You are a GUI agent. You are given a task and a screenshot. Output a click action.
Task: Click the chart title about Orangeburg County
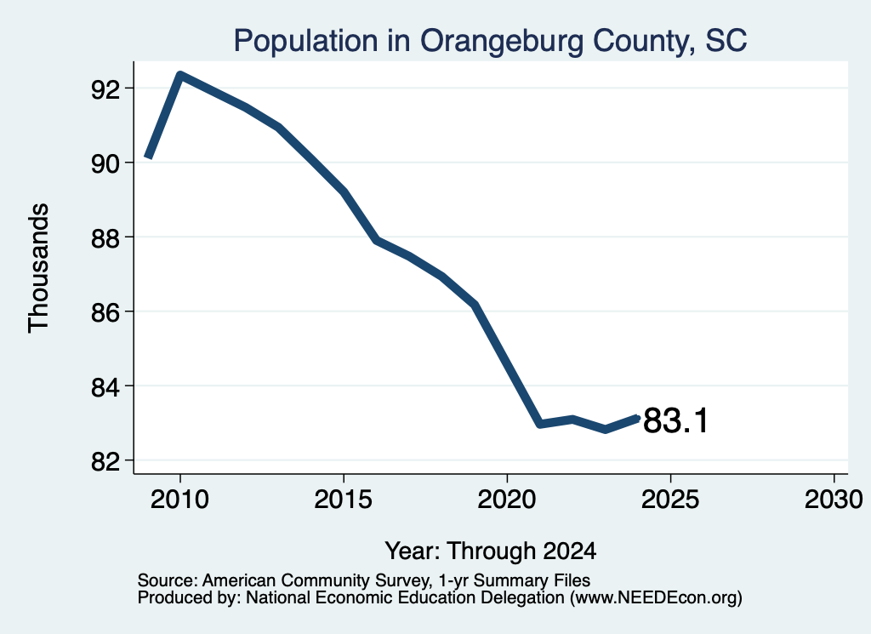coord(490,41)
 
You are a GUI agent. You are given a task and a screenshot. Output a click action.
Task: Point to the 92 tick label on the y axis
coord(105,89)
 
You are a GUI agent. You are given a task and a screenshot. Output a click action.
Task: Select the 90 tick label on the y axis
coord(105,163)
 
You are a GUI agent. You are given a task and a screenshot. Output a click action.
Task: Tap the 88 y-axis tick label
coord(105,237)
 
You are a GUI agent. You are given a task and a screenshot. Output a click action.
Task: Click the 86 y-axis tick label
coord(105,312)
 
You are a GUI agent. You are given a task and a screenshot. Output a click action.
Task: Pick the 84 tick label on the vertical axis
coord(105,386)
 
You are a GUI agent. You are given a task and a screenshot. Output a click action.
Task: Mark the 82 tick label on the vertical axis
coord(105,461)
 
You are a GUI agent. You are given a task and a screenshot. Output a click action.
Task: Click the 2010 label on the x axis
coord(180,499)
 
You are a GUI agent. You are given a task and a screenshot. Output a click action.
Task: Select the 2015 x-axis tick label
coord(344,499)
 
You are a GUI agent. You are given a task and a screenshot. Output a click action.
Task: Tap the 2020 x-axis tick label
coord(507,499)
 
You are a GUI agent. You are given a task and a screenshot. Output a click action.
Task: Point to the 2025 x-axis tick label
coord(670,499)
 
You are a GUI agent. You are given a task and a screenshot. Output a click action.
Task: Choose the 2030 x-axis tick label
coord(834,499)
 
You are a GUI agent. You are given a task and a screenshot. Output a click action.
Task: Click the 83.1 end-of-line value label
coord(675,420)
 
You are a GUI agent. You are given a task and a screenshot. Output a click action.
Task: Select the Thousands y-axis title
coord(39,268)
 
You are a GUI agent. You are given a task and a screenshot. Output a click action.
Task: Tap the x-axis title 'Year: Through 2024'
coord(491,551)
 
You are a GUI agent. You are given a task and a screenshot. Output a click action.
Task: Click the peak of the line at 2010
coord(180,75)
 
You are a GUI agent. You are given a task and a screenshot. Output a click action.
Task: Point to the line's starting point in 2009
coord(148,157)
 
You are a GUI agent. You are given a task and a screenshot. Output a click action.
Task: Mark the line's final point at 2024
coord(638,418)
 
